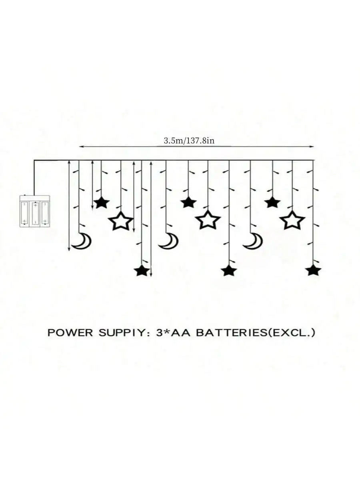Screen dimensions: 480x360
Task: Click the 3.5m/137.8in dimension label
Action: tap(189, 141)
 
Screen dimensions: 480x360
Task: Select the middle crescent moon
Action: tap(169, 242)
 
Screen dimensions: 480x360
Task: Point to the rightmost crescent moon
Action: tap(254, 242)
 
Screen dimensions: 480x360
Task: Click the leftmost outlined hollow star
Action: tap(121, 221)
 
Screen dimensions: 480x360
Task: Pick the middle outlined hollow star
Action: tap(208, 220)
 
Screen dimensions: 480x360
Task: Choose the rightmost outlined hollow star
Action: tap(292, 220)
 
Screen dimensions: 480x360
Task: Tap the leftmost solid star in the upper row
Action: tap(102, 202)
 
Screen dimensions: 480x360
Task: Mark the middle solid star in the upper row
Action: tap(188, 202)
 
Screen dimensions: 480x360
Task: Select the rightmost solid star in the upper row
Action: tap(272, 202)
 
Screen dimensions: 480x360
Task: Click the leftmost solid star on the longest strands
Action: tap(142, 270)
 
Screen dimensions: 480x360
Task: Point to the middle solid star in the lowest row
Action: tap(229, 270)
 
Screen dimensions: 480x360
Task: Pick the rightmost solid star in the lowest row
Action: tap(313, 270)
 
